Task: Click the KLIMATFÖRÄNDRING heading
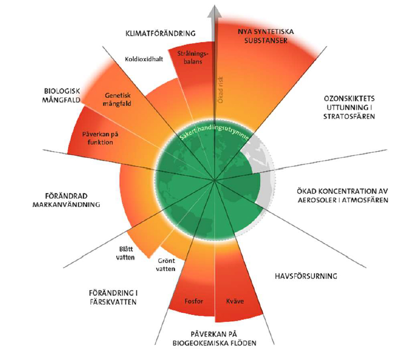pos(160,33)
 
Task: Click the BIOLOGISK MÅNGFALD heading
pos(63,95)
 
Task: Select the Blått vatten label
pos(126,254)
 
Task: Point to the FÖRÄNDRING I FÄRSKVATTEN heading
pos(112,298)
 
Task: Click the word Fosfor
pos(193,301)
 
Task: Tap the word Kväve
pos(234,301)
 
